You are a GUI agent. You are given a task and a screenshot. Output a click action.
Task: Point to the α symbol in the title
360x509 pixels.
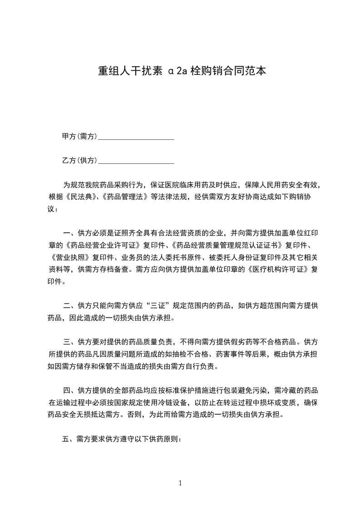tap(170, 72)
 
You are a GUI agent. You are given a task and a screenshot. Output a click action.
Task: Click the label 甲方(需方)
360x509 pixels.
tap(79, 136)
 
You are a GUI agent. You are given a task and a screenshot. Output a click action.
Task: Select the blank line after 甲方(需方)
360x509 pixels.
tap(136, 137)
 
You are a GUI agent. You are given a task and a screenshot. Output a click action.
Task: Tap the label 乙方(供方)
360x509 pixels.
tap(79, 160)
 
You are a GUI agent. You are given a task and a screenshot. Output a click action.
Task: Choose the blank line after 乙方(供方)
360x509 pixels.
tap(136, 162)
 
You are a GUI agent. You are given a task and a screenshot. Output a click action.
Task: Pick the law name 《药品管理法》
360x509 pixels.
tap(124, 197)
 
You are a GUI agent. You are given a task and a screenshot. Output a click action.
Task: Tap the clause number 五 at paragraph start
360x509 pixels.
tap(65, 439)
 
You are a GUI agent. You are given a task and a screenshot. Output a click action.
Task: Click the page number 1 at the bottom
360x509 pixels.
tap(180, 483)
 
